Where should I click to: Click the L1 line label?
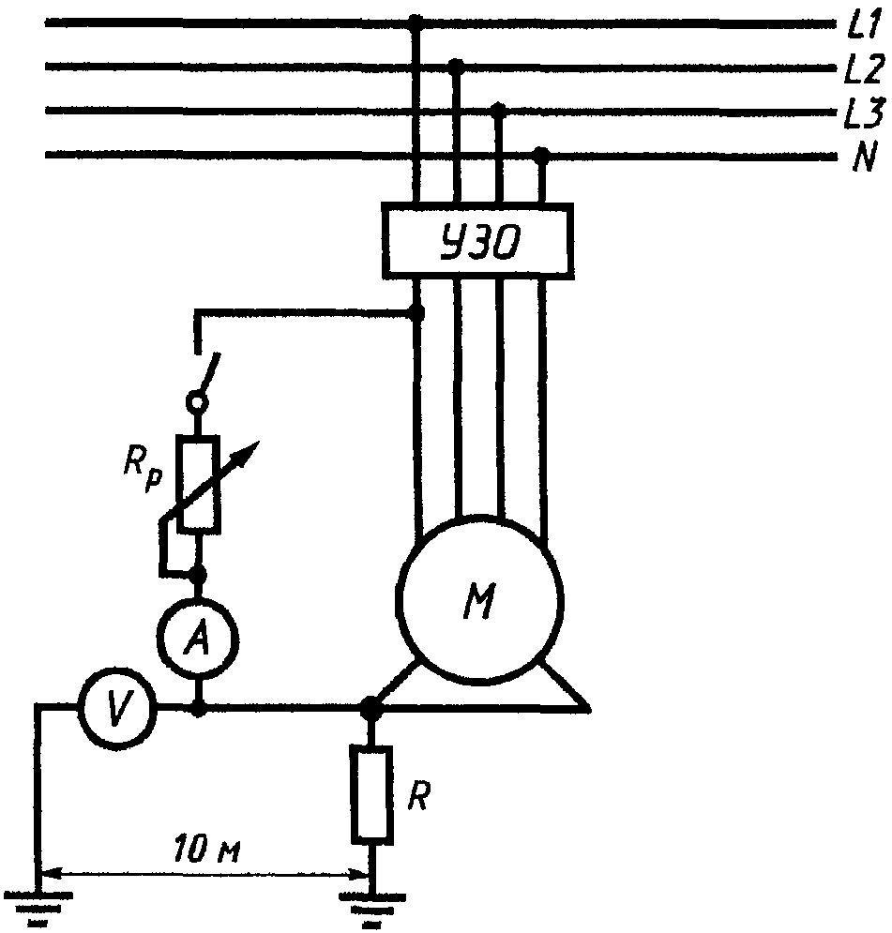862,25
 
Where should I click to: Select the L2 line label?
864,69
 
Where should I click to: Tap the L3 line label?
863,113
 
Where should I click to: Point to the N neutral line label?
864,158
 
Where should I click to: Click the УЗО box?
477,241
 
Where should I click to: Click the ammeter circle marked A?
198,639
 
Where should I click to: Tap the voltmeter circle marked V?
119,707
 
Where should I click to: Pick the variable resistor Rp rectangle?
201,483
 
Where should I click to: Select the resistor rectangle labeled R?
372,794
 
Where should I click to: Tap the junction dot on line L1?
416,23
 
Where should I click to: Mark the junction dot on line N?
541,155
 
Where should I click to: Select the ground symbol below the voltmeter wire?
38,908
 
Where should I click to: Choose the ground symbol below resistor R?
372,908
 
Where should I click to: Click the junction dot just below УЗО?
418,312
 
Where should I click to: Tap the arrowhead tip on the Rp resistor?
259,442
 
